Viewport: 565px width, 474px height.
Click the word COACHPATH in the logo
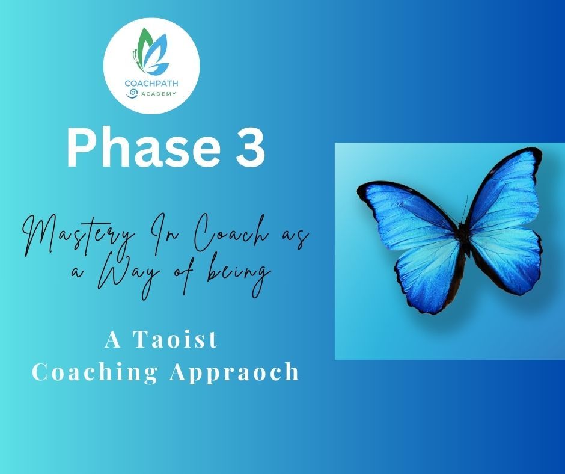click(151, 84)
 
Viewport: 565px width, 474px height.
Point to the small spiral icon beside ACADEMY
click(132, 93)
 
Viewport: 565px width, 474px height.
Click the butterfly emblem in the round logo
click(151, 51)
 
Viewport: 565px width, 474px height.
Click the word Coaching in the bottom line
click(95, 372)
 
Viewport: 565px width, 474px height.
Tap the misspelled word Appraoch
click(234, 372)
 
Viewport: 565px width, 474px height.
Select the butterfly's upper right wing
click(504, 191)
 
